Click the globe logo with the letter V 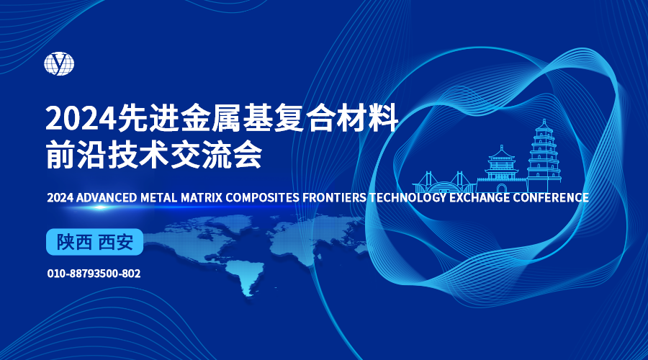pos(59,63)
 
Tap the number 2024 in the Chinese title pos(81,118)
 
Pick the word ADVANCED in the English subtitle pos(107,197)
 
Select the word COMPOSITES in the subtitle pos(262,197)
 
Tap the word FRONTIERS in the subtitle pos(334,197)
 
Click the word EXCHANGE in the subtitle pos(480,197)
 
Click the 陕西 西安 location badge pos(94,242)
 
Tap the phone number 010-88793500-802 pos(94,274)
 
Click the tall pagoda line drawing pos(544,156)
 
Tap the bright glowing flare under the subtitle pos(99,207)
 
